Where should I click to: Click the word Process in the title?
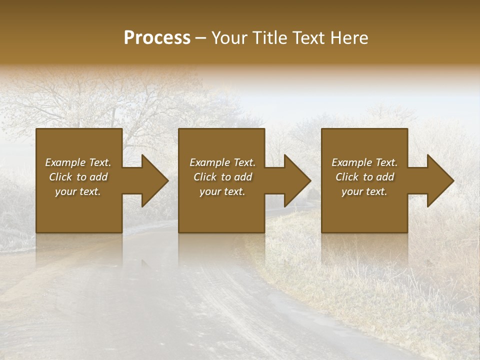(156, 38)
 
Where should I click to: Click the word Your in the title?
(229, 38)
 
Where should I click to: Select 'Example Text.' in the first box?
(78, 162)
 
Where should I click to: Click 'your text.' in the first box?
(78, 191)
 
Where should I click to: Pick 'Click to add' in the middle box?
(222, 177)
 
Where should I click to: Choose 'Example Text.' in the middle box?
(222, 162)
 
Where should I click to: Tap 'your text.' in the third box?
(364, 191)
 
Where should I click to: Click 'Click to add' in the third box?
(364, 177)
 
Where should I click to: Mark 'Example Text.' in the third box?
(364, 162)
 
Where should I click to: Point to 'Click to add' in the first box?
(78, 177)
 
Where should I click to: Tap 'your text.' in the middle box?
(222, 191)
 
